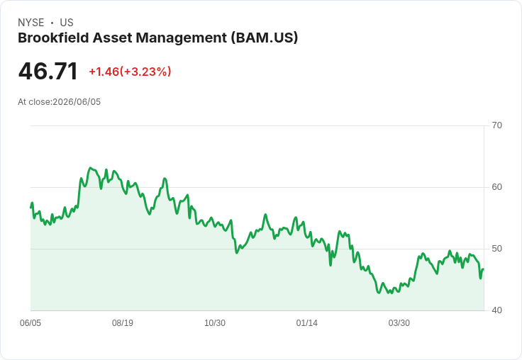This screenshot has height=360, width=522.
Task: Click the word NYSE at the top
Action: pyautogui.click(x=31, y=23)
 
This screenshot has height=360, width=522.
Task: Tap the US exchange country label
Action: pyautogui.click(x=67, y=23)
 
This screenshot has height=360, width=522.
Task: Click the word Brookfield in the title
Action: pyautogui.click(x=53, y=38)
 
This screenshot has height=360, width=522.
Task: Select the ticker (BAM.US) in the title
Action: pyautogui.click(x=265, y=38)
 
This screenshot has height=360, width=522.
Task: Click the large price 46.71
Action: pyautogui.click(x=48, y=71)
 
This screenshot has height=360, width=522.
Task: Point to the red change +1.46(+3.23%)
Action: pyautogui.click(x=130, y=72)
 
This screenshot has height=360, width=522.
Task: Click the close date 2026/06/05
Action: pyautogui.click(x=77, y=102)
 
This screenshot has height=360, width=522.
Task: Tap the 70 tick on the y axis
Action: pyautogui.click(x=496, y=125)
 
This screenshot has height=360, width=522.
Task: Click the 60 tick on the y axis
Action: pyautogui.click(x=496, y=187)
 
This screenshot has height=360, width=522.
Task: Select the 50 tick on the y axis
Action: pyautogui.click(x=496, y=249)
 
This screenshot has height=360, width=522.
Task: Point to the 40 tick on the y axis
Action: pyautogui.click(x=496, y=310)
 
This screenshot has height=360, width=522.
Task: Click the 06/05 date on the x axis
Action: pyautogui.click(x=30, y=323)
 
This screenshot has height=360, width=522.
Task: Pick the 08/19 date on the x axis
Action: pyautogui.click(x=123, y=323)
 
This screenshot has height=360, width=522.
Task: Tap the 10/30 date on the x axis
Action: pyautogui.click(x=215, y=323)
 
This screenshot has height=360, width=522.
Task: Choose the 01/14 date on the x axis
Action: pyautogui.click(x=306, y=323)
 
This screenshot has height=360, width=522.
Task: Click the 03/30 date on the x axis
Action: pyautogui.click(x=399, y=323)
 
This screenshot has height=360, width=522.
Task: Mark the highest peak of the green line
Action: pyautogui.click(x=90, y=168)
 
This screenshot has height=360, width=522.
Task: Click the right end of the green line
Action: pyautogui.click(x=484, y=269)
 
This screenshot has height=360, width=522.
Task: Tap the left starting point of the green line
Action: pyautogui.click(x=30, y=208)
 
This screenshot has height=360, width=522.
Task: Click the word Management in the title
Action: pyautogui.click(x=182, y=38)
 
